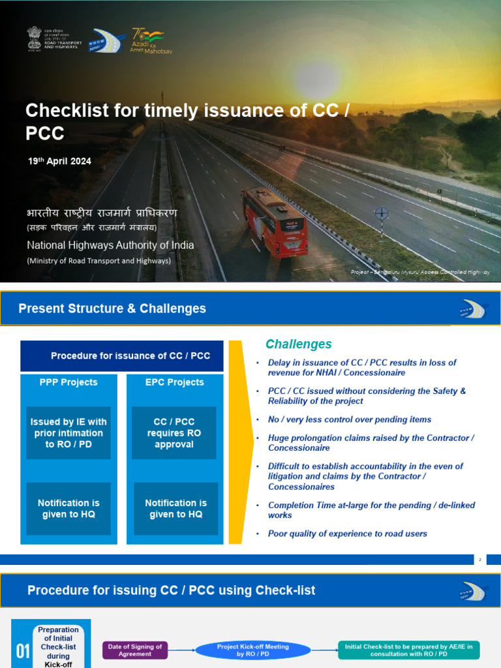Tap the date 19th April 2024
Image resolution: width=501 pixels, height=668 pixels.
tap(59, 161)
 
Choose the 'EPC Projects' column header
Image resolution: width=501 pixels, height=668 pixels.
tap(174, 382)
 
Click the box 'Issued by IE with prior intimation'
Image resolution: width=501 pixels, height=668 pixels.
tap(68, 433)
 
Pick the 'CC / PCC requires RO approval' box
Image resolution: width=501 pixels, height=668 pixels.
tap(174, 433)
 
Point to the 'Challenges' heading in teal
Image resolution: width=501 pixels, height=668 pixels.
tap(298, 344)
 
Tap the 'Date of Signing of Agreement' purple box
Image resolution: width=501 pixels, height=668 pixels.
tap(135, 650)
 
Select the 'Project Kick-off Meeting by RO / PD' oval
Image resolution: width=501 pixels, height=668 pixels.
tap(243, 650)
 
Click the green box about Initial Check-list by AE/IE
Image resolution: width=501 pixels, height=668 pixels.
tap(409, 650)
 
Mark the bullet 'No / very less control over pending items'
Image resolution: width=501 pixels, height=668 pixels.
tap(349, 419)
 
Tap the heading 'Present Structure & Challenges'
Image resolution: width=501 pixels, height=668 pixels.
tap(112, 309)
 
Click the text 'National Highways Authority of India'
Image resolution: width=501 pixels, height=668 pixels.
tap(110, 245)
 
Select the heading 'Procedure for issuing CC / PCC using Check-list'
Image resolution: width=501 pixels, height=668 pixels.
tap(171, 591)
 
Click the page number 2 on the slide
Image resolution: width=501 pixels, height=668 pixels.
tap(480, 560)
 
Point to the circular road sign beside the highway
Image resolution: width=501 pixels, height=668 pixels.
tap(382, 213)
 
